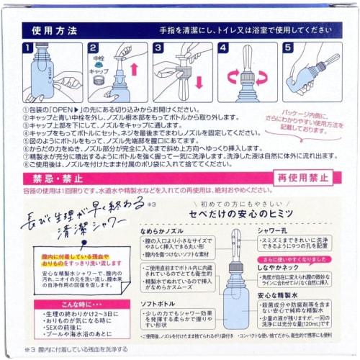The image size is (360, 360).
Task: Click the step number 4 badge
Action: point(222,48)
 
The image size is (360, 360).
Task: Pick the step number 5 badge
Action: point(287,48)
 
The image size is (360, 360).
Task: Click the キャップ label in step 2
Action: point(98,71)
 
